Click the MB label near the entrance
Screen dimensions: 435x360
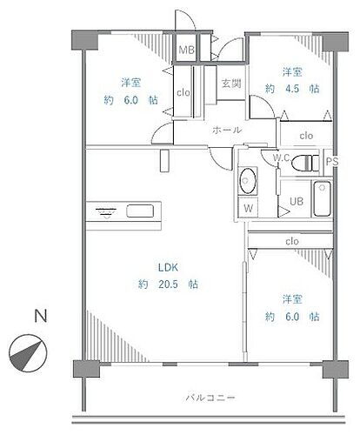pyautogui.click(x=187, y=51)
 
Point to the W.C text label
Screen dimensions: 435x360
pyautogui.click(x=282, y=158)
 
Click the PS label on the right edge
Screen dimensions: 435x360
pyautogui.click(x=330, y=161)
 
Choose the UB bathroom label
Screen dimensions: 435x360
pyautogui.click(x=297, y=201)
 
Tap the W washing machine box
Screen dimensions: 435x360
pyautogui.click(x=247, y=208)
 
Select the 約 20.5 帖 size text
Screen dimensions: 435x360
pyautogui.click(x=167, y=284)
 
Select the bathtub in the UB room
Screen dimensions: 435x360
pyautogui.click(x=322, y=201)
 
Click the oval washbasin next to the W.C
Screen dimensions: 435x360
pyautogui.click(x=248, y=181)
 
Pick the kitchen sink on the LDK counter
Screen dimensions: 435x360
pyautogui.click(x=140, y=210)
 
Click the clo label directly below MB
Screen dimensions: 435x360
pyautogui.click(x=183, y=91)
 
